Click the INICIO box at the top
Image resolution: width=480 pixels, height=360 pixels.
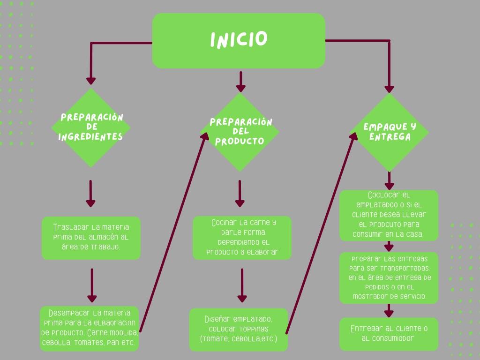pyautogui.click(x=239, y=40)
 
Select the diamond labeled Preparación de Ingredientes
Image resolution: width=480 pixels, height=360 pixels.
pyautogui.click(x=90, y=127)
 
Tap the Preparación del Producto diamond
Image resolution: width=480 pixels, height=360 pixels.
pyautogui.click(x=240, y=132)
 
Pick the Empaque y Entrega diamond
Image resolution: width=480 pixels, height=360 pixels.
pyautogui.click(x=389, y=132)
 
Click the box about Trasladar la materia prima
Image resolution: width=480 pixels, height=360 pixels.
pyautogui.click(x=91, y=238)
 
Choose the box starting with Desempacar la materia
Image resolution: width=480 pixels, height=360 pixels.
pyautogui.click(x=89, y=328)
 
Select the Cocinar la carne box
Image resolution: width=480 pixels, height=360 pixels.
pyautogui.click(x=242, y=238)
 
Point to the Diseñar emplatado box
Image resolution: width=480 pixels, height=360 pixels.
pyautogui.click(x=239, y=329)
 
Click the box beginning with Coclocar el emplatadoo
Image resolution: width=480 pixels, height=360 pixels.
pyautogui.click(x=389, y=215)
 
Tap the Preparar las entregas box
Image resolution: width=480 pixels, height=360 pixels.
pyautogui.click(x=389, y=277)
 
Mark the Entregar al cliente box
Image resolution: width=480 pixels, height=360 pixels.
pyautogui.click(x=389, y=334)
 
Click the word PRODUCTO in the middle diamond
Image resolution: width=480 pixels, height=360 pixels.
pyautogui.click(x=240, y=141)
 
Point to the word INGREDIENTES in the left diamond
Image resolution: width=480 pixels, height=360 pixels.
pyautogui.click(x=90, y=137)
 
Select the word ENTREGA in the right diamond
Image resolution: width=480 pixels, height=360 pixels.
pyautogui.click(x=390, y=137)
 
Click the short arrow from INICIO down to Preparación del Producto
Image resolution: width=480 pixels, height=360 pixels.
pyautogui.click(x=240, y=81)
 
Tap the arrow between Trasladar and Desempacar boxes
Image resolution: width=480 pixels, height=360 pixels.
pyautogui.click(x=92, y=285)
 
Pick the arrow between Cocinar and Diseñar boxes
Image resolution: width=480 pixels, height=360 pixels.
pyautogui.click(x=242, y=285)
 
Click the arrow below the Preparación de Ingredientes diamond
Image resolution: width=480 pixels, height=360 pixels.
pyautogui.click(x=90, y=193)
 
